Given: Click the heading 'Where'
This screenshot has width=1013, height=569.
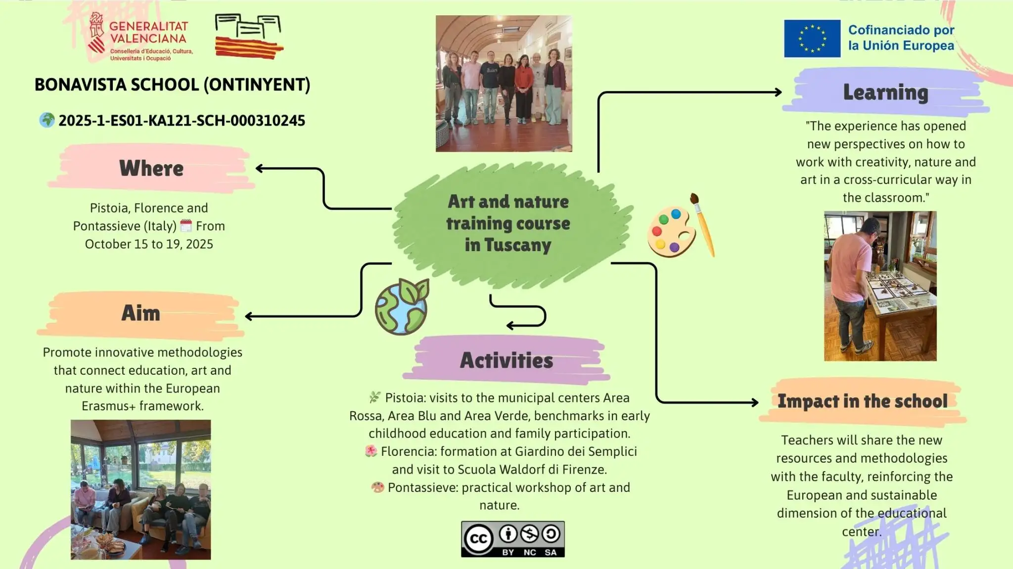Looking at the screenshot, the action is pyautogui.click(x=151, y=168).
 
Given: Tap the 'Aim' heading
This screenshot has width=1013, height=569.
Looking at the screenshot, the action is pyautogui.click(x=141, y=313).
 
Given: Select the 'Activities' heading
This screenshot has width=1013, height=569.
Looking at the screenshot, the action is pyautogui.click(x=506, y=360).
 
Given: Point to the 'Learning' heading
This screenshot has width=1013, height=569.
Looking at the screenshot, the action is pyautogui.click(x=885, y=93).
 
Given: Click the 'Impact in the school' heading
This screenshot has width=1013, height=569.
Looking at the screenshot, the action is pyautogui.click(x=863, y=401).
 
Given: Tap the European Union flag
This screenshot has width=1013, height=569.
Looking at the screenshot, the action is pyautogui.click(x=812, y=39).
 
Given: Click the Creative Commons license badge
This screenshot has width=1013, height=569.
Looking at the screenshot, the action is pyautogui.click(x=513, y=539).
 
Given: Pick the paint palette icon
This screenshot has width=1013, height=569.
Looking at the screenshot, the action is pyautogui.click(x=681, y=226).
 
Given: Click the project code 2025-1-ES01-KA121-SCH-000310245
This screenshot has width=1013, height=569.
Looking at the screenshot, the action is pyautogui.click(x=182, y=121).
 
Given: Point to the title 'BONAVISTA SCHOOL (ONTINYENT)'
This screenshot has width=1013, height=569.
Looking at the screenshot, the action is pyautogui.click(x=172, y=85).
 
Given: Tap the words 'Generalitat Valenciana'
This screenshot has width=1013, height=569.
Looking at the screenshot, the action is pyautogui.click(x=148, y=32).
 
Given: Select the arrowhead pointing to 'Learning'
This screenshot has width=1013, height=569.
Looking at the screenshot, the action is pyautogui.click(x=778, y=92).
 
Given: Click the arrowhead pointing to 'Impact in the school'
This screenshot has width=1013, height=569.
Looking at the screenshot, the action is pyautogui.click(x=755, y=402).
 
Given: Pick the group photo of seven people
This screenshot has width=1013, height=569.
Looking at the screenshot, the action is pyautogui.click(x=504, y=84).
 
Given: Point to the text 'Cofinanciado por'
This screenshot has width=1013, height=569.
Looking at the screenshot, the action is pyautogui.click(x=901, y=30).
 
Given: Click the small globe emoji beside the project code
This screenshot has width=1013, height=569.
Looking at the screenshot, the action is pyautogui.click(x=47, y=120).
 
